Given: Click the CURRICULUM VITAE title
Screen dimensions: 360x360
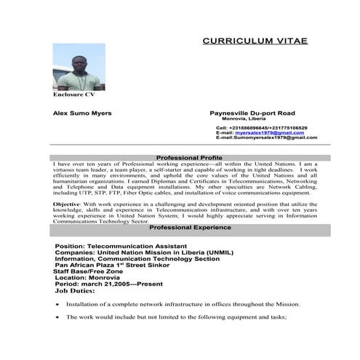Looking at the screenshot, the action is pos(255,41).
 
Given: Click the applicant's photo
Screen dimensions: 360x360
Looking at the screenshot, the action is pos(79,67).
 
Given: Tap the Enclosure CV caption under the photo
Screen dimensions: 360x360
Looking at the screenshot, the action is pos(73,95).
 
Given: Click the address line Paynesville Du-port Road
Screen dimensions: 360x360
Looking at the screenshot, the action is pos(252,113).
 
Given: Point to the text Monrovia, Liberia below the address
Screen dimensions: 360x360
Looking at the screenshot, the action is pos(248,119).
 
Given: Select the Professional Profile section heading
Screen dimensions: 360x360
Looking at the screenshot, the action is pos(189,158).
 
